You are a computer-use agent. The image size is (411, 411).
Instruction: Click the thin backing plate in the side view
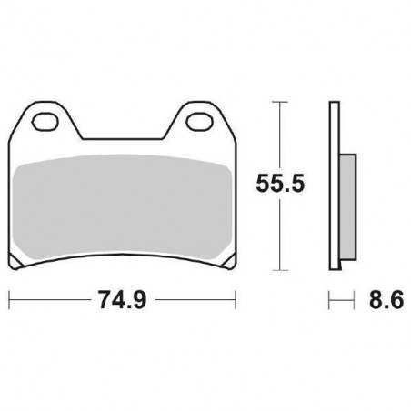pos(334,186)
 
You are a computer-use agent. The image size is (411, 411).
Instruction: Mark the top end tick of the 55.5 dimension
pos(279,102)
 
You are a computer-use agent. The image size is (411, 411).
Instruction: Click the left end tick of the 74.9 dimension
pos(9,298)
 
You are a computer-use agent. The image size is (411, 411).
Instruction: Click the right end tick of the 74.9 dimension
pos(236,298)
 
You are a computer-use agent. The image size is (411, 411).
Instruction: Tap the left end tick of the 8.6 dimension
pos(330,298)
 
